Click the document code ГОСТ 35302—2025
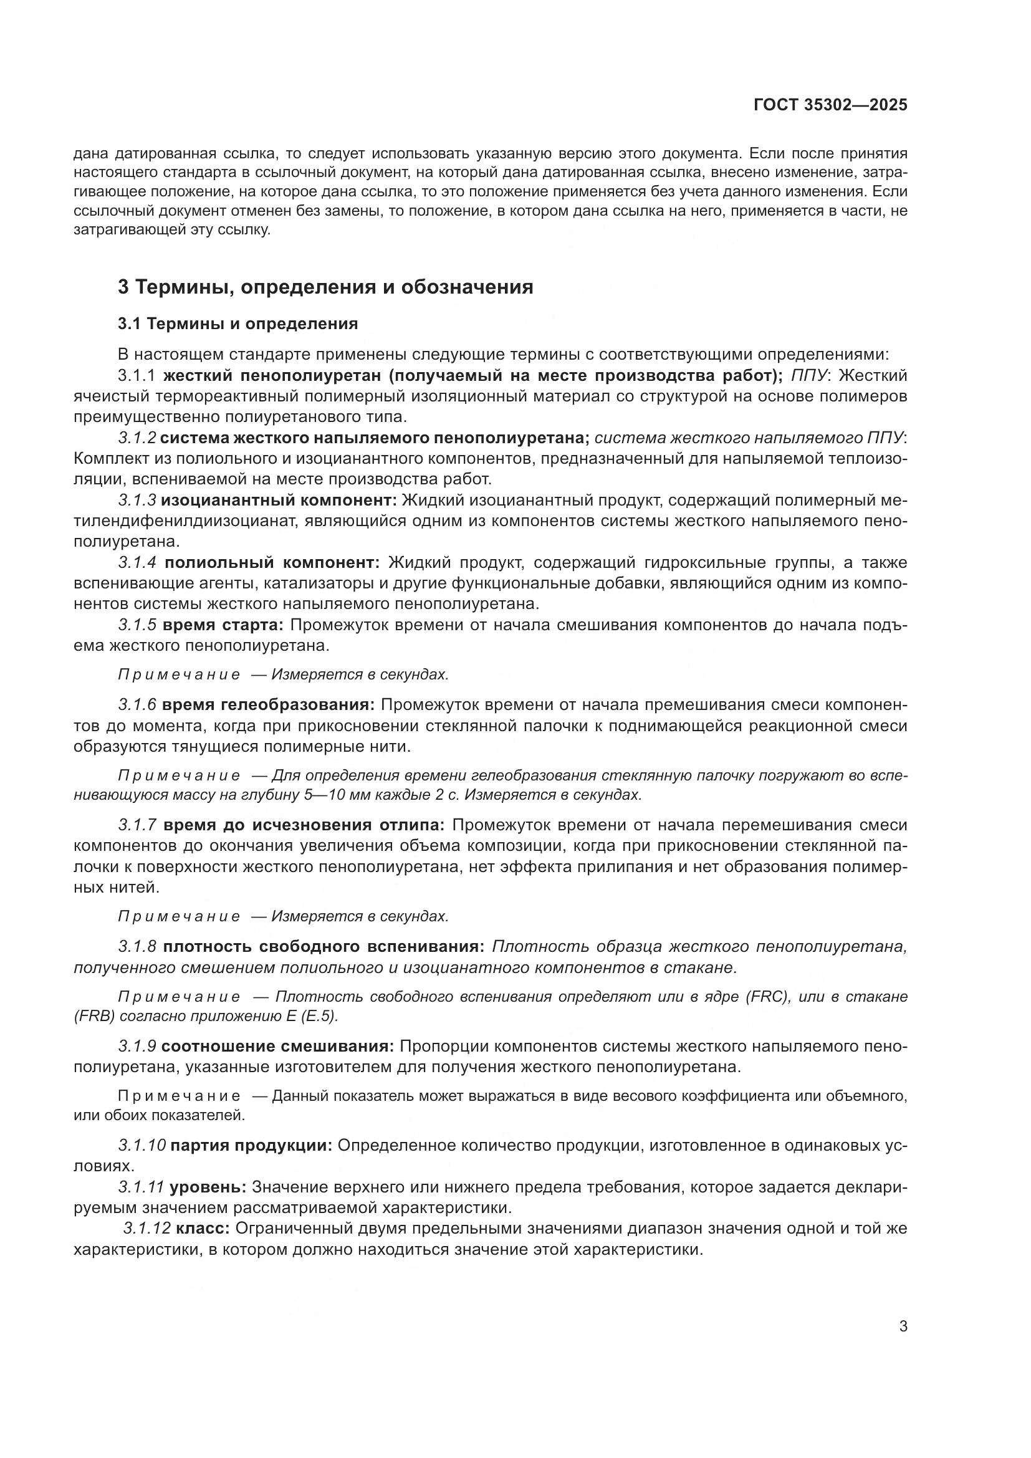click(x=830, y=105)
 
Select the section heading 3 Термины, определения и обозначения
click(x=325, y=287)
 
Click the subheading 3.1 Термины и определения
click(x=237, y=324)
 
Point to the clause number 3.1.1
click(x=137, y=376)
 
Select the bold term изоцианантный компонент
click(x=279, y=501)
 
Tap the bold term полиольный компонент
click(x=272, y=563)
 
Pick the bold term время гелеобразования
click(x=269, y=705)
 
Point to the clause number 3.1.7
click(x=137, y=825)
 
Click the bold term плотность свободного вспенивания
click(x=324, y=947)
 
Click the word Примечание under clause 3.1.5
click(x=179, y=674)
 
